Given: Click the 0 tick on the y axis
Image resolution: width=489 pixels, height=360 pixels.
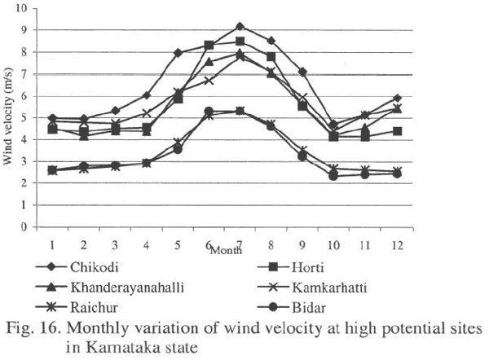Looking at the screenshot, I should [x=24, y=227].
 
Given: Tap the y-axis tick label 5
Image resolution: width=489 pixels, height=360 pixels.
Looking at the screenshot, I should [x=24, y=118].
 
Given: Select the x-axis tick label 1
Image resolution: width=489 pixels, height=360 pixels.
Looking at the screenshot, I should [x=52, y=244].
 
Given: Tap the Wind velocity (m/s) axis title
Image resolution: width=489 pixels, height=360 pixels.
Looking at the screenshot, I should [x=8, y=117].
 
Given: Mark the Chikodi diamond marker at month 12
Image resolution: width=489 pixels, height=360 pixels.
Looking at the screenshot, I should [x=419, y=98].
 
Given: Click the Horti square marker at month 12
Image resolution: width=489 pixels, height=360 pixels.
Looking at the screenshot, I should [x=419, y=131].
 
